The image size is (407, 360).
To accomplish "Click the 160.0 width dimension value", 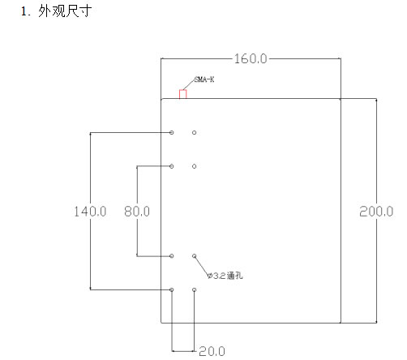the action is click(x=251, y=58).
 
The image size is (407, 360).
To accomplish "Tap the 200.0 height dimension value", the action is click(x=376, y=212).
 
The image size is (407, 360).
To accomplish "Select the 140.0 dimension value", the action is click(x=90, y=212).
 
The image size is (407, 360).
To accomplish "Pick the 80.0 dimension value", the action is click(x=137, y=212).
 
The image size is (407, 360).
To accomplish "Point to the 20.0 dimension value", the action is click(x=212, y=351).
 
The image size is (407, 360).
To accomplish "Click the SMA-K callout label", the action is click(x=204, y=79).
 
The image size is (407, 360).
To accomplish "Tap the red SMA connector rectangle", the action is click(x=183, y=94).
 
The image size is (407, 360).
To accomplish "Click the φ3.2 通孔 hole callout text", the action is click(x=225, y=276).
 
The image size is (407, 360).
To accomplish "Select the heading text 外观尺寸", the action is click(x=65, y=11).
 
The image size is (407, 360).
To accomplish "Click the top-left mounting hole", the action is click(x=172, y=132).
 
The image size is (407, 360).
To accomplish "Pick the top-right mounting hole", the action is click(x=195, y=132).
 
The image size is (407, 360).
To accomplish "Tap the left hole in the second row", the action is click(x=172, y=166).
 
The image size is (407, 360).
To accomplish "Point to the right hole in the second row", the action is click(x=195, y=166).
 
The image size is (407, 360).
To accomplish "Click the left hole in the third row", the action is click(x=172, y=255).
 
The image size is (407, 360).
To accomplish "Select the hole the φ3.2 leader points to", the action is click(x=195, y=255).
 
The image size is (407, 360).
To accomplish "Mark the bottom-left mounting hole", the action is click(x=172, y=289).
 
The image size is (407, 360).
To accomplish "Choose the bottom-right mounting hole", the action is click(x=195, y=289).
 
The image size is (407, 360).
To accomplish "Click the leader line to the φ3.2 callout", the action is click(x=202, y=266).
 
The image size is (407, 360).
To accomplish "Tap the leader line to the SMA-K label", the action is click(x=189, y=84).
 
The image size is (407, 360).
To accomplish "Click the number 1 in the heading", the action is click(x=24, y=11).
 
